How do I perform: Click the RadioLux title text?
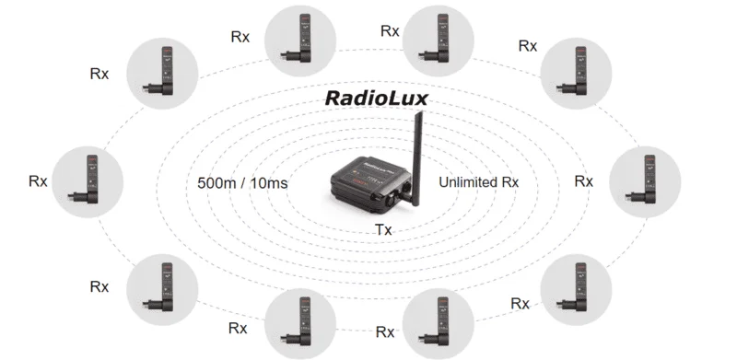click(377, 99)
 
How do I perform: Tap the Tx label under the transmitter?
click(383, 230)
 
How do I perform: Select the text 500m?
click(216, 183)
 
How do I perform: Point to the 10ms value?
click(269, 183)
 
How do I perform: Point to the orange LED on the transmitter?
click(348, 179)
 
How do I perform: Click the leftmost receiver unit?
click(88, 182)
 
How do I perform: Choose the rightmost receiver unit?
click(645, 182)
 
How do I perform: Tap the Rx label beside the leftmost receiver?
click(38, 181)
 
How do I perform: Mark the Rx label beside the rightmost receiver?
click(584, 181)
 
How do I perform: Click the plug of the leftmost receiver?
click(76, 195)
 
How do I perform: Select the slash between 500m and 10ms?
click(243, 183)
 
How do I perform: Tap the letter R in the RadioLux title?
click(333, 99)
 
